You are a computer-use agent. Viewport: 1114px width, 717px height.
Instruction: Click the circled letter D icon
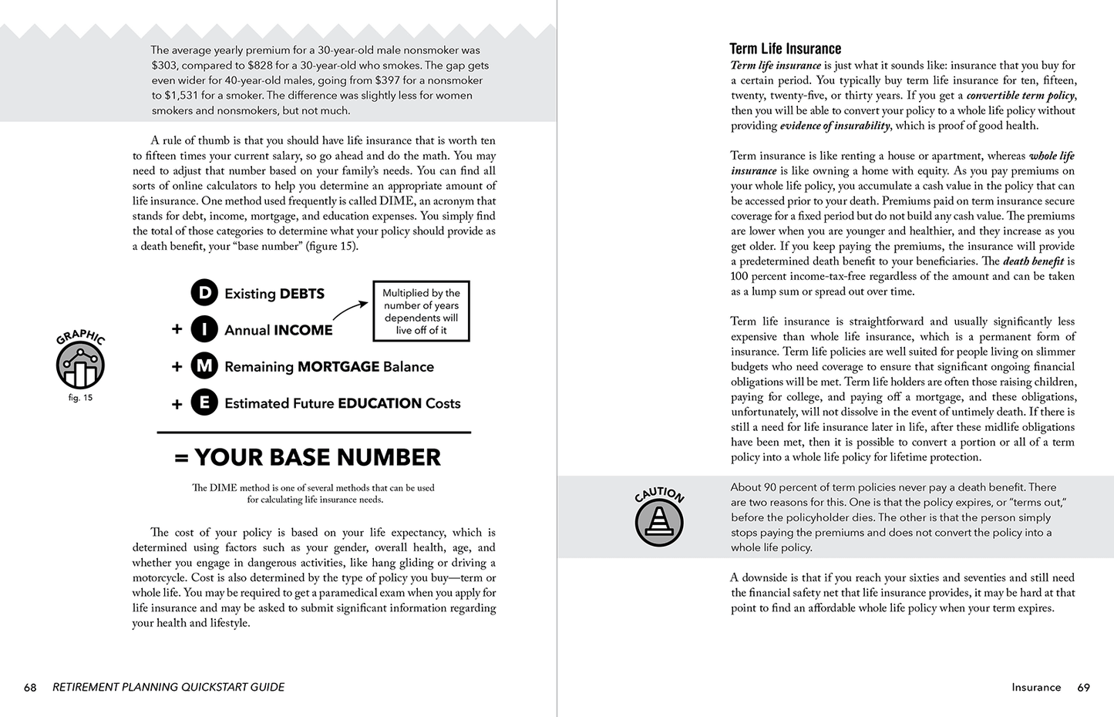[x=204, y=293]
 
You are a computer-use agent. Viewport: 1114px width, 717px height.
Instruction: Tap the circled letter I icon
[x=204, y=329]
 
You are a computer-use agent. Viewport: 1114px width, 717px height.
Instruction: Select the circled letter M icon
[x=204, y=365]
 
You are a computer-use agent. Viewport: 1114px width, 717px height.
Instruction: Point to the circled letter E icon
[x=204, y=402]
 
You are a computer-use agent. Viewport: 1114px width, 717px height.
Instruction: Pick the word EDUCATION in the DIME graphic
[x=379, y=403]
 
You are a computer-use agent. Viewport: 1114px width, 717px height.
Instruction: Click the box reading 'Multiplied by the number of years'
[x=421, y=311]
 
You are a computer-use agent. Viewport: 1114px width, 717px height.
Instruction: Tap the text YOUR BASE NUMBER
[x=317, y=457]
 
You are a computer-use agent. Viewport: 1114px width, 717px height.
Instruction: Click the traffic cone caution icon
[x=659, y=522]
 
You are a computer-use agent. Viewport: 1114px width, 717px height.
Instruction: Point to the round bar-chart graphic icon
[x=80, y=365]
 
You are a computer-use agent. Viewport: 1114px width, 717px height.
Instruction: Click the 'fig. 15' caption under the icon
[x=80, y=398]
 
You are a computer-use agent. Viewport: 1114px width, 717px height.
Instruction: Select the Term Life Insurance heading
[x=785, y=49]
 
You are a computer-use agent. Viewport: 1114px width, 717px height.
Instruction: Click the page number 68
[x=30, y=687]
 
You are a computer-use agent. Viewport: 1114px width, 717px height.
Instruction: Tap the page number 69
[x=1083, y=687]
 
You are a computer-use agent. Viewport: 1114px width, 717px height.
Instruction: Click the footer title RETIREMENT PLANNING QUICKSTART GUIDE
[x=168, y=687]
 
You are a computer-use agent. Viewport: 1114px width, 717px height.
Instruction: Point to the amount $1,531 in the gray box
[x=167, y=96]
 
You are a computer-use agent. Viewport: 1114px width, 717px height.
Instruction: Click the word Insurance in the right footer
[x=1036, y=687]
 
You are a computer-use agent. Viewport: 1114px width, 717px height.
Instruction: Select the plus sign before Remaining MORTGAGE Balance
[x=177, y=366]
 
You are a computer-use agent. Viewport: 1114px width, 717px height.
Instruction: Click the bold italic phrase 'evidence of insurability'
[x=835, y=126]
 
